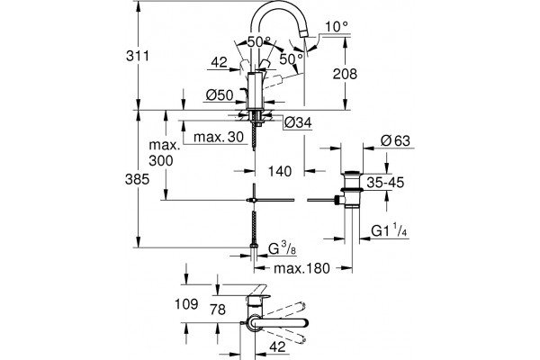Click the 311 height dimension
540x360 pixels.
coord(138,56)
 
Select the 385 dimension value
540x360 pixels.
coord(137,179)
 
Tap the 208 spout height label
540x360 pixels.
coord(345,74)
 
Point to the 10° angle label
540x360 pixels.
coord(336,26)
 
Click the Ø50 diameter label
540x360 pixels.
coord(220,94)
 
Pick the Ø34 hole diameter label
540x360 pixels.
coord(298,122)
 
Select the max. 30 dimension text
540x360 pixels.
coord(219,137)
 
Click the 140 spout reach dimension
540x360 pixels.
coord(279,171)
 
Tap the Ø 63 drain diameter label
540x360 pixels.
coord(395,141)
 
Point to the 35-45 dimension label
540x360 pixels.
coord(385,183)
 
